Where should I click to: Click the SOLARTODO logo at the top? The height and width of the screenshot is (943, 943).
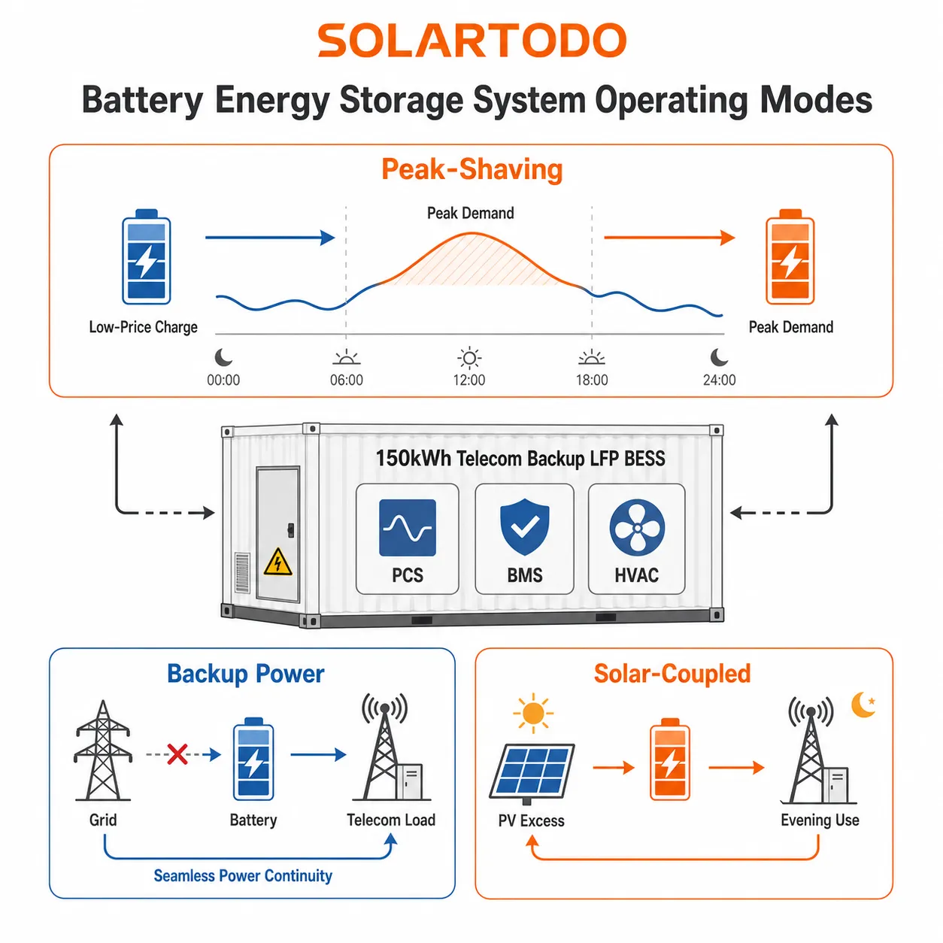[471, 41]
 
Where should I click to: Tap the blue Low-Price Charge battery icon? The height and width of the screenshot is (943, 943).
[147, 257]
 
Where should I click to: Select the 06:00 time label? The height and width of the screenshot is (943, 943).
[346, 381]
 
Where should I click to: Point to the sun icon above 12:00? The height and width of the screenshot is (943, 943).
[469, 358]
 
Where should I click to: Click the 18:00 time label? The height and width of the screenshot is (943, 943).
[592, 381]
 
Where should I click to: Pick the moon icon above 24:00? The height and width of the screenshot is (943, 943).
[719, 357]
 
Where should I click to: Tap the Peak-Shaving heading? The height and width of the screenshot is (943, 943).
[471, 170]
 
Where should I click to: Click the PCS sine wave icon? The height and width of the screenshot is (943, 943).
[407, 528]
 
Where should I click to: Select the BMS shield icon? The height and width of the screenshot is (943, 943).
[524, 527]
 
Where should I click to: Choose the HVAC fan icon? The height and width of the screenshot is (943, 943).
[637, 528]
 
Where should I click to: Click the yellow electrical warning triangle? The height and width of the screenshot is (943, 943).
[277, 562]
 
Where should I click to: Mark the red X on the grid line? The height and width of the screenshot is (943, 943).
[177, 754]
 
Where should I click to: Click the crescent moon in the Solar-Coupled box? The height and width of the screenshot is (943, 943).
[863, 705]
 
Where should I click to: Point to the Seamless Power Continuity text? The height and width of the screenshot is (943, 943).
[243, 875]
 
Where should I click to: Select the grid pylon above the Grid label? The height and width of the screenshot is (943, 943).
[103, 750]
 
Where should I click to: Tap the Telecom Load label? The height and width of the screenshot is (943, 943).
[391, 820]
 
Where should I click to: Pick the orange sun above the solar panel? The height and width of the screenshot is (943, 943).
[533, 714]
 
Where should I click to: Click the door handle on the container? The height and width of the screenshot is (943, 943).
[291, 530]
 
